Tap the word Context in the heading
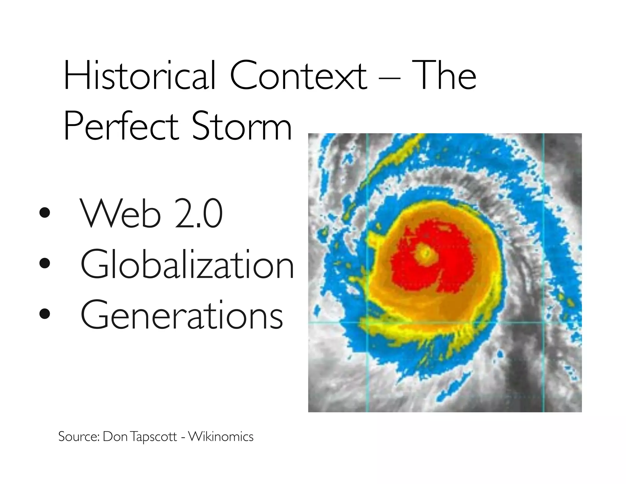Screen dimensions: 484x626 coord(298,76)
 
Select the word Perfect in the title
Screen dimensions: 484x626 coord(121,126)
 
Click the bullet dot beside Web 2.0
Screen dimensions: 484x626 coord(45,213)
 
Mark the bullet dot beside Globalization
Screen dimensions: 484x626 coord(45,263)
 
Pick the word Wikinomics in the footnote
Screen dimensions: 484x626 coord(221,436)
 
